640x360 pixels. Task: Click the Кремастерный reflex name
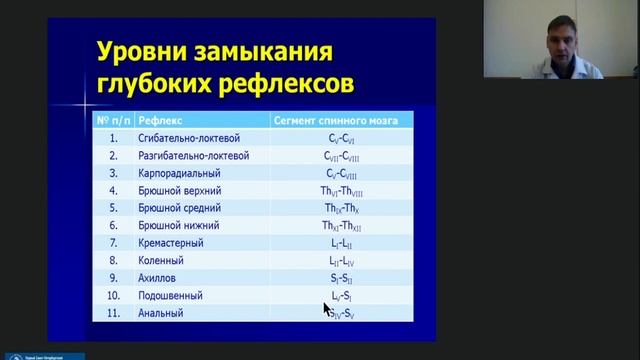(x=171, y=243)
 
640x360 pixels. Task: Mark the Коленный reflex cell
(x=162, y=261)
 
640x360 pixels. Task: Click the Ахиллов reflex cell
(x=160, y=278)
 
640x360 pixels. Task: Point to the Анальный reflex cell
(x=161, y=313)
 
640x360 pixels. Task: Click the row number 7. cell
(x=114, y=243)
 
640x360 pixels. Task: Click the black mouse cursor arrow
(x=327, y=309)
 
